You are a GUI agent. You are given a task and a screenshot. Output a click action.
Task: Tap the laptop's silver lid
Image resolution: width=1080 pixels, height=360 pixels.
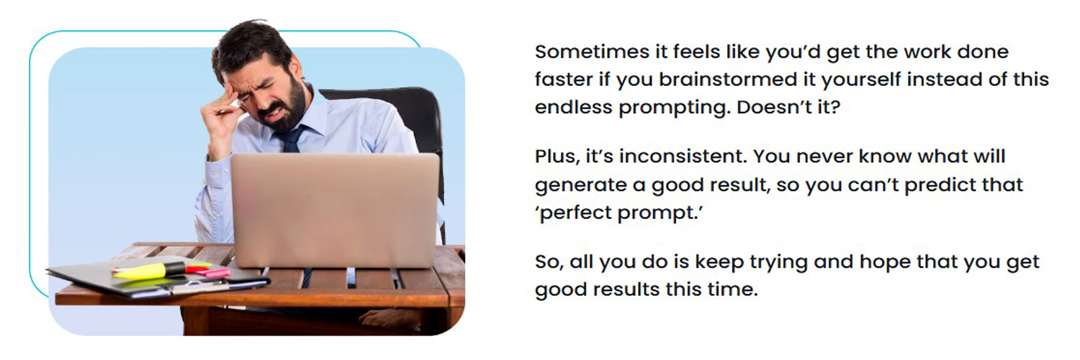coord(335,209)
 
